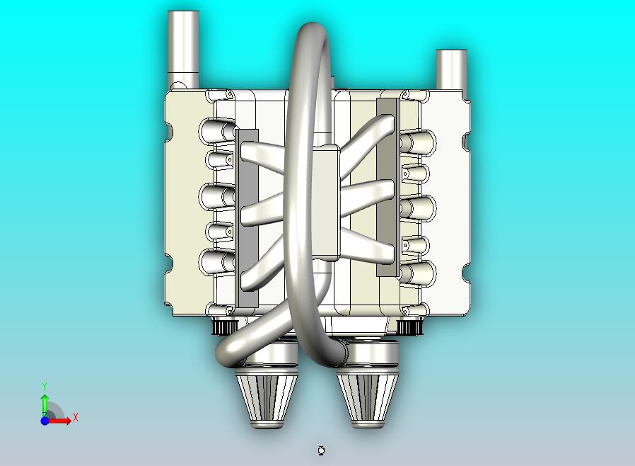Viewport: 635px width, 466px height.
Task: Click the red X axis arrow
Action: coord(61,421)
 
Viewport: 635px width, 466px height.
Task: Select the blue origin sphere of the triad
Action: coord(45,421)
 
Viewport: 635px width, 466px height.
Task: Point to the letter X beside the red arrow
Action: coord(75,417)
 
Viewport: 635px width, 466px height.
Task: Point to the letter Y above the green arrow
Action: coord(45,386)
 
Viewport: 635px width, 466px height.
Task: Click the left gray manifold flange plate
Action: coord(247,220)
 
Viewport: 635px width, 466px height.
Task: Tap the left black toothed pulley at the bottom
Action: coord(225,326)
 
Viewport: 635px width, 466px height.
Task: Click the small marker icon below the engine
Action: coord(322,450)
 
